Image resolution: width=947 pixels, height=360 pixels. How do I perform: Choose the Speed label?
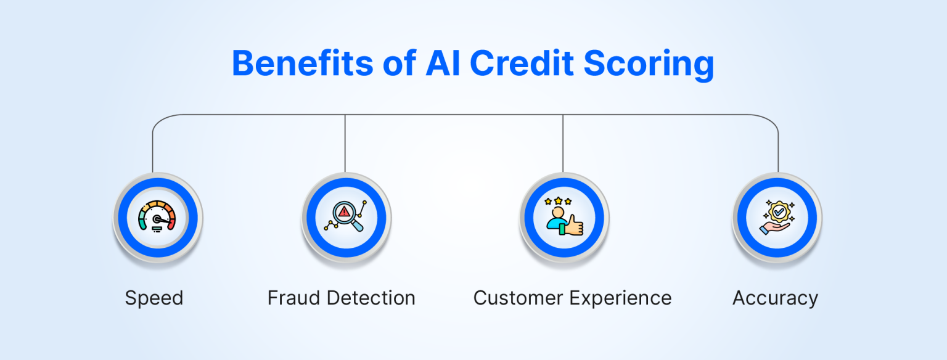[154, 298]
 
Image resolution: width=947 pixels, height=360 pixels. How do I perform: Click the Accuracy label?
[775, 298]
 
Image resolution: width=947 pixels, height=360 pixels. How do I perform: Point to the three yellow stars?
[557, 201]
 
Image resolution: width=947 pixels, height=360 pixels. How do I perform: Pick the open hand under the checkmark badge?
[774, 229]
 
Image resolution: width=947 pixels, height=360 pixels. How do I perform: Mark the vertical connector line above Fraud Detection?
[345, 143]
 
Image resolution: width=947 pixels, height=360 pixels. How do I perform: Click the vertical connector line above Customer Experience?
[563, 143]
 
